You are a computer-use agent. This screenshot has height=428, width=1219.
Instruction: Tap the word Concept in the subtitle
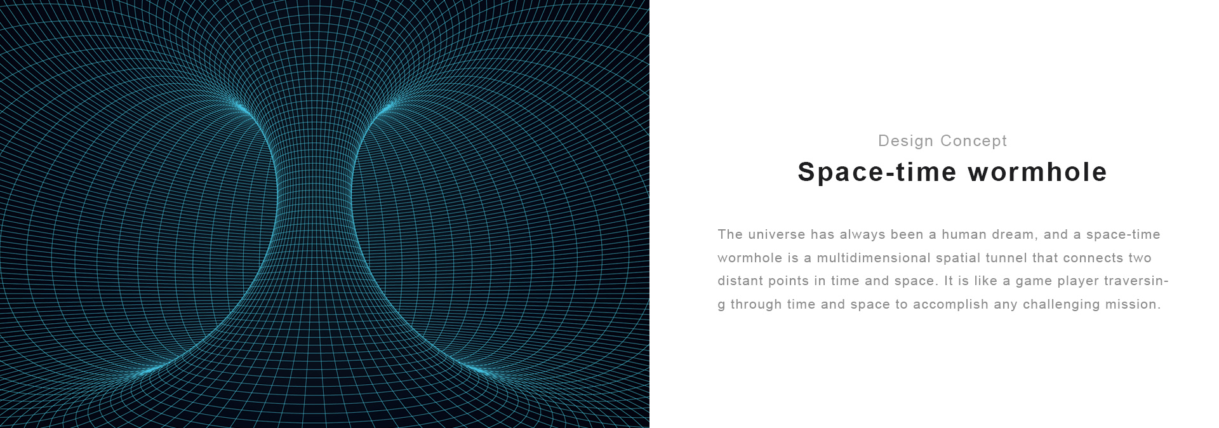pyautogui.click(x=974, y=141)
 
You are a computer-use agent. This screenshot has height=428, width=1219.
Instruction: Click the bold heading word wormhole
pyautogui.click(x=1037, y=172)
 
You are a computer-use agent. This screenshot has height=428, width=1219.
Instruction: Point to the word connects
pyautogui.click(x=1093, y=258)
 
